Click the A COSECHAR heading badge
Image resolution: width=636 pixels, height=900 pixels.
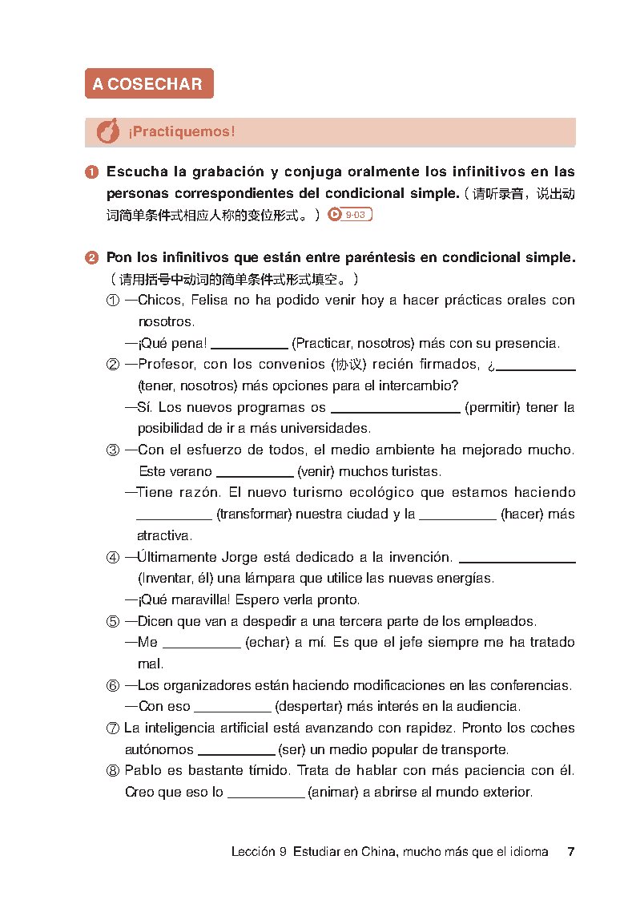(149, 84)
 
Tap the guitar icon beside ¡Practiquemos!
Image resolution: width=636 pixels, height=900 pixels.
(107, 132)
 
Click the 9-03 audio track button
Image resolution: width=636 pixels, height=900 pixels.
(350, 215)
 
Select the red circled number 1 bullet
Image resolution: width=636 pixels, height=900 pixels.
(92, 172)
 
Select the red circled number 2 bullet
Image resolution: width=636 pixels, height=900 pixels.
(92, 258)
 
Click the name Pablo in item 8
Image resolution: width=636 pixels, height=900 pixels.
(141, 771)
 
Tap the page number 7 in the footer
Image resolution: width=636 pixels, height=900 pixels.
(570, 852)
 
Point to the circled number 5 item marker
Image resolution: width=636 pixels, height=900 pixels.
(113, 621)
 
